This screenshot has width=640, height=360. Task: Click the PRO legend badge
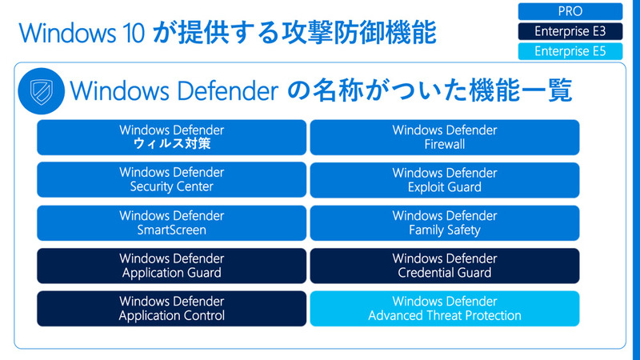click(x=570, y=11)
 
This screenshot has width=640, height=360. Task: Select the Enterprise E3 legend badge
click(x=570, y=32)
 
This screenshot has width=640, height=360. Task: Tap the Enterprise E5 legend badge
click(x=570, y=52)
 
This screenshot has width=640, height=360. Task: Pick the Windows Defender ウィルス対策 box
click(x=172, y=137)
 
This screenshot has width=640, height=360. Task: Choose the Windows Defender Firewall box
click(x=445, y=137)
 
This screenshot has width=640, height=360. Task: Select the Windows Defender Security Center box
click(x=172, y=180)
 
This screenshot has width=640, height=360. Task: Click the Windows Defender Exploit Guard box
click(x=445, y=180)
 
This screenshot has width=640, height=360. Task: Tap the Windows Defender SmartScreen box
click(x=172, y=222)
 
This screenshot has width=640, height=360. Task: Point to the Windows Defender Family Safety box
click(x=445, y=222)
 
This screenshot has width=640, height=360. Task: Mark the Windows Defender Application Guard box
click(x=172, y=266)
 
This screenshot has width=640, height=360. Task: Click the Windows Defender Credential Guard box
click(x=445, y=266)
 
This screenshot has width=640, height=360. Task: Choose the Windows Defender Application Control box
click(x=172, y=308)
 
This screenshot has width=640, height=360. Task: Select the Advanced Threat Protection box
click(x=445, y=308)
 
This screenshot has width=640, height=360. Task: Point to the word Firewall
click(x=445, y=145)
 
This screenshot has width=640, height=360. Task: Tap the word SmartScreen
click(x=172, y=230)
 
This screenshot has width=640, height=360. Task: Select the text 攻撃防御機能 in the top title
click(x=370, y=34)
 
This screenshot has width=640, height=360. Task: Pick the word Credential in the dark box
click(x=427, y=273)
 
